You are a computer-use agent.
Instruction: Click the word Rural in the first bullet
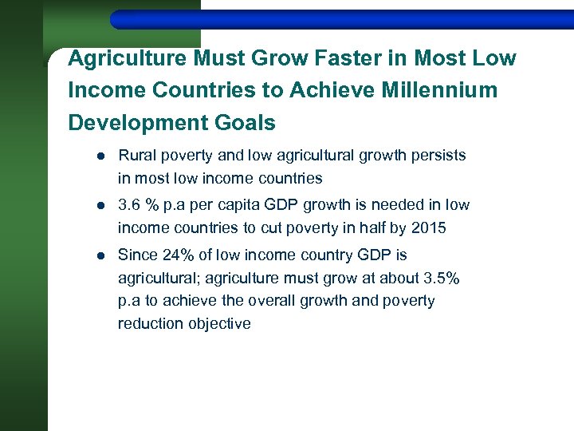click(x=136, y=155)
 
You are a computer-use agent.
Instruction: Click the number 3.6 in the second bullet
click(x=130, y=205)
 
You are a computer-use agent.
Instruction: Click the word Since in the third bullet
click(x=137, y=255)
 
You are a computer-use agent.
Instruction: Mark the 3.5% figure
click(x=442, y=279)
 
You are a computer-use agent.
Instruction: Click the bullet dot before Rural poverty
click(x=95, y=156)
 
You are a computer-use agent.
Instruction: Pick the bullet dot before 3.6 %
click(x=95, y=206)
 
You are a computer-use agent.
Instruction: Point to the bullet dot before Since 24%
click(x=95, y=256)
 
